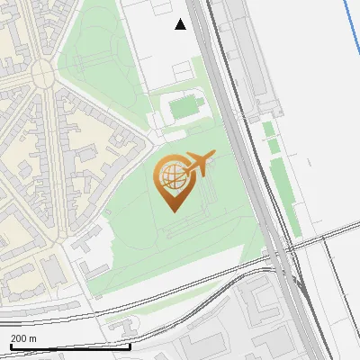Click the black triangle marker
(x=180, y=24)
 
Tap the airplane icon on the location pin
(x=198, y=163)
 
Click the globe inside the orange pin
(x=171, y=175)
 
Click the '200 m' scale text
(x=24, y=337)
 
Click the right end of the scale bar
(x=130, y=346)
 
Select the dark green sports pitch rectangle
(x=184, y=108)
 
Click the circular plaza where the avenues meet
(x=42, y=71)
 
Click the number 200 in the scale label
(x=18, y=337)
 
